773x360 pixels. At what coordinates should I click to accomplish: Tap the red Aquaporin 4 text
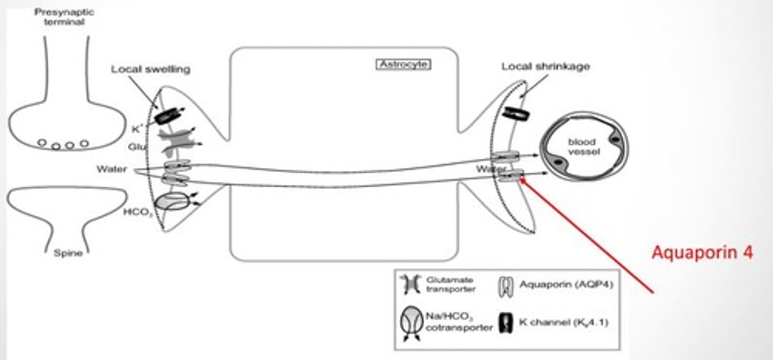[x=702, y=252]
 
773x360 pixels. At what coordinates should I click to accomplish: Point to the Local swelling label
[x=150, y=69]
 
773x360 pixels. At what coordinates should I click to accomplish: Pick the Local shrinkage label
[x=545, y=67]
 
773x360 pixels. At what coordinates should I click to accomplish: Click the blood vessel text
[x=582, y=146]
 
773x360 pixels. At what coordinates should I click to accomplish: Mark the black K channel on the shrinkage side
[x=516, y=114]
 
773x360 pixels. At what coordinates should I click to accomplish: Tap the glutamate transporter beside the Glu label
[x=177, y=140]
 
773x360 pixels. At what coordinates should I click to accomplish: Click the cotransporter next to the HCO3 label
[x=172, y=202]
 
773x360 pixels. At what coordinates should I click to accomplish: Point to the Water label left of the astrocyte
[x=112, y=170]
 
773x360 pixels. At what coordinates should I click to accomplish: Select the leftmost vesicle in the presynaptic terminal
[x=42, y=143]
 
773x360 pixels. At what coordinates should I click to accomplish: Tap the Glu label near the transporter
[x=135, y=145]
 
